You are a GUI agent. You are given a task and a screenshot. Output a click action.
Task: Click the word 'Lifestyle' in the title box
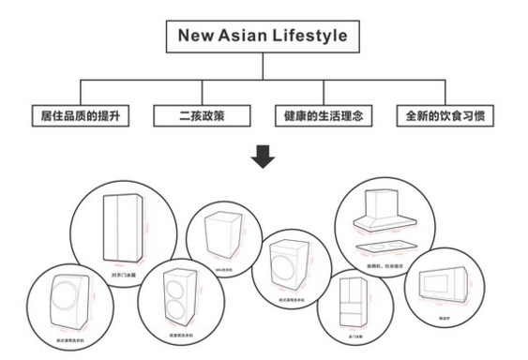pyautogui.click(x=304, y=37)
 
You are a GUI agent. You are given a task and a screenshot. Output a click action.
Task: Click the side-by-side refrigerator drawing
pyautogui.click(x=124, y=226)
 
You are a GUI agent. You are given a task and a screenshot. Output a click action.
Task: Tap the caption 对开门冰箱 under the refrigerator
pyautogui.click(x=124, y=275)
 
